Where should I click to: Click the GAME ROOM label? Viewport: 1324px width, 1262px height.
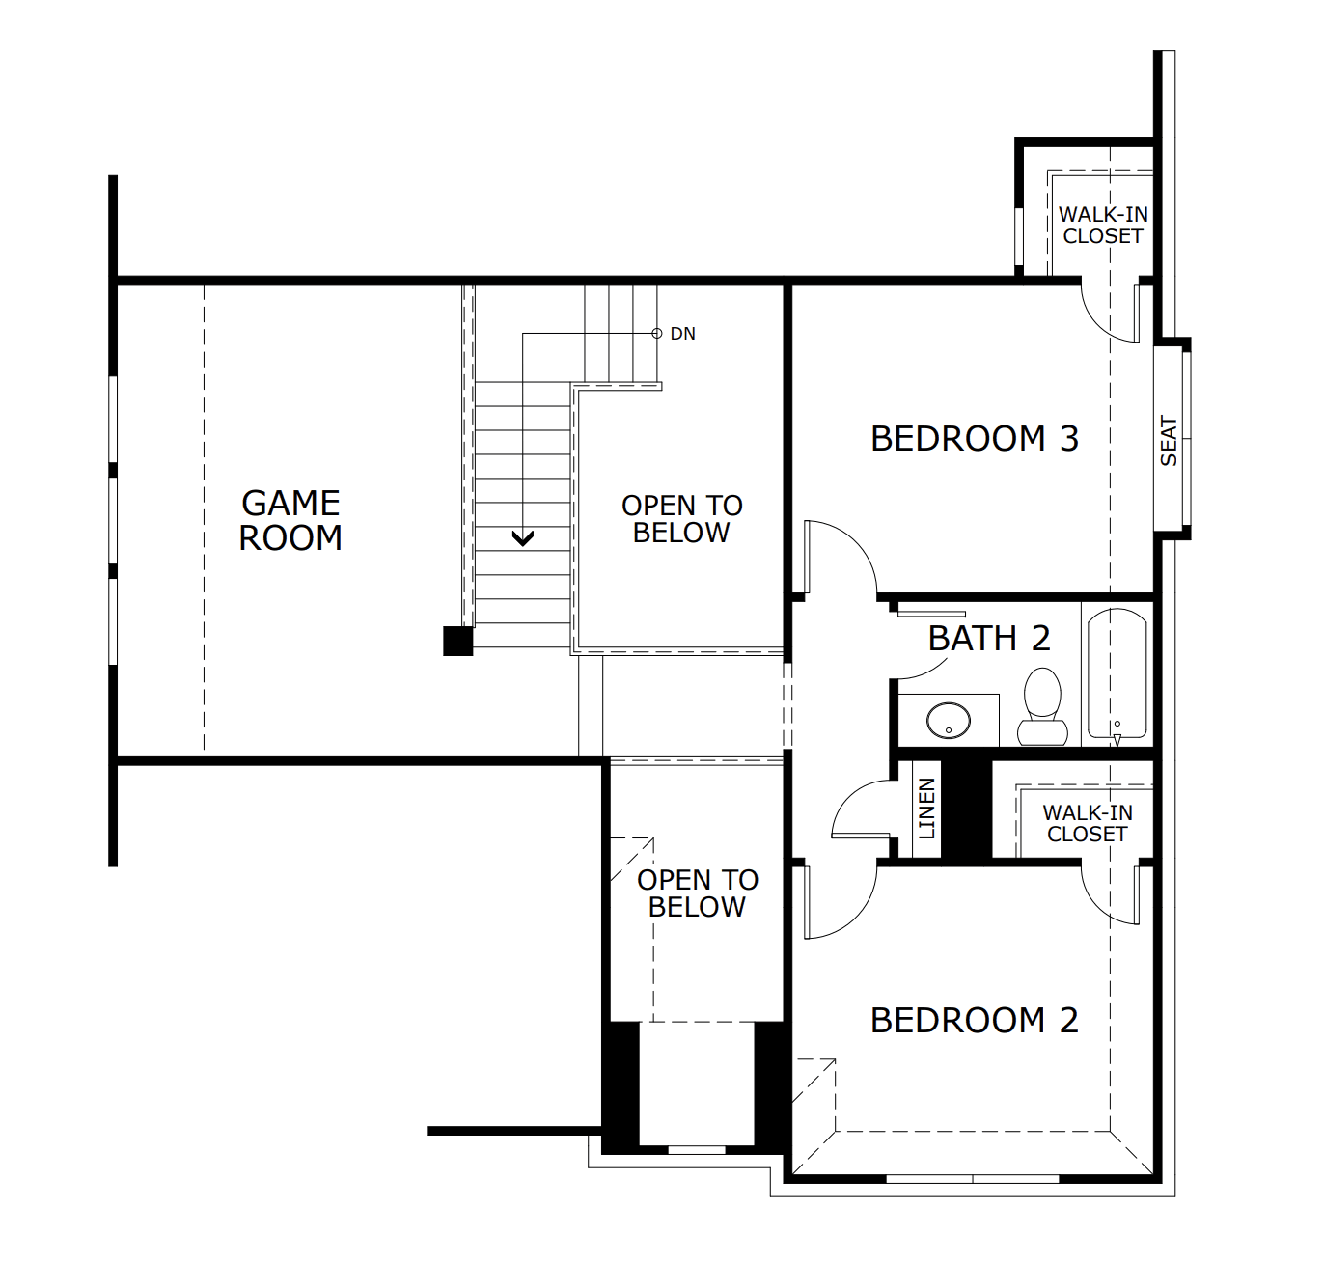tap(290, 520)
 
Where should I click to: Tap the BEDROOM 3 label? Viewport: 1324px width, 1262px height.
tap(974, 439)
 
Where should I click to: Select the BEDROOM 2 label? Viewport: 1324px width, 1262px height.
tap(974, 1021)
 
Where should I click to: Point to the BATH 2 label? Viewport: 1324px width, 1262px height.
tap(988, 639)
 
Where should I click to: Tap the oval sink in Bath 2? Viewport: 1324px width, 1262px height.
tap(949, 720)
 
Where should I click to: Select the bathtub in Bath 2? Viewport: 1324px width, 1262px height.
tap(1117, 675)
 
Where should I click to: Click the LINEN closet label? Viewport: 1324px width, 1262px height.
tap(926, 809)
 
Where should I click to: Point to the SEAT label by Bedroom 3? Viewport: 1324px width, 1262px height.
tap(1169, 441)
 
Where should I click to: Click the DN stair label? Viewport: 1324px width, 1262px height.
tap(682, 334)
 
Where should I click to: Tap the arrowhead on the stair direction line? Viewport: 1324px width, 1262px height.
tap(523, 538)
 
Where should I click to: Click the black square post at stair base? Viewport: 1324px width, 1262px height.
tap(457, 641)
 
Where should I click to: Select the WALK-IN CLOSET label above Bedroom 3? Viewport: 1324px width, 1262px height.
tap(1103, 226)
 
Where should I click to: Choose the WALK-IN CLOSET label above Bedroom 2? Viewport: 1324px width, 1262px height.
tap(1088, 824)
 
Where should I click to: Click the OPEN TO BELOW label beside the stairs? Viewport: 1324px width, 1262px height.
tap(681, 519)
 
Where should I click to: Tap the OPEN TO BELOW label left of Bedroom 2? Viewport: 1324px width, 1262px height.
tap(697, 893)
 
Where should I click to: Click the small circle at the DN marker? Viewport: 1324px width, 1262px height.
tap(657, 334)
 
